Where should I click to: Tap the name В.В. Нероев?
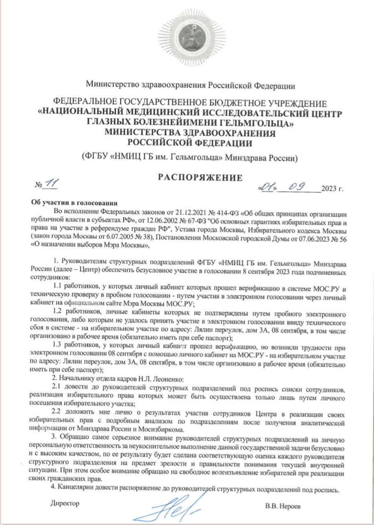coord(283,506)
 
